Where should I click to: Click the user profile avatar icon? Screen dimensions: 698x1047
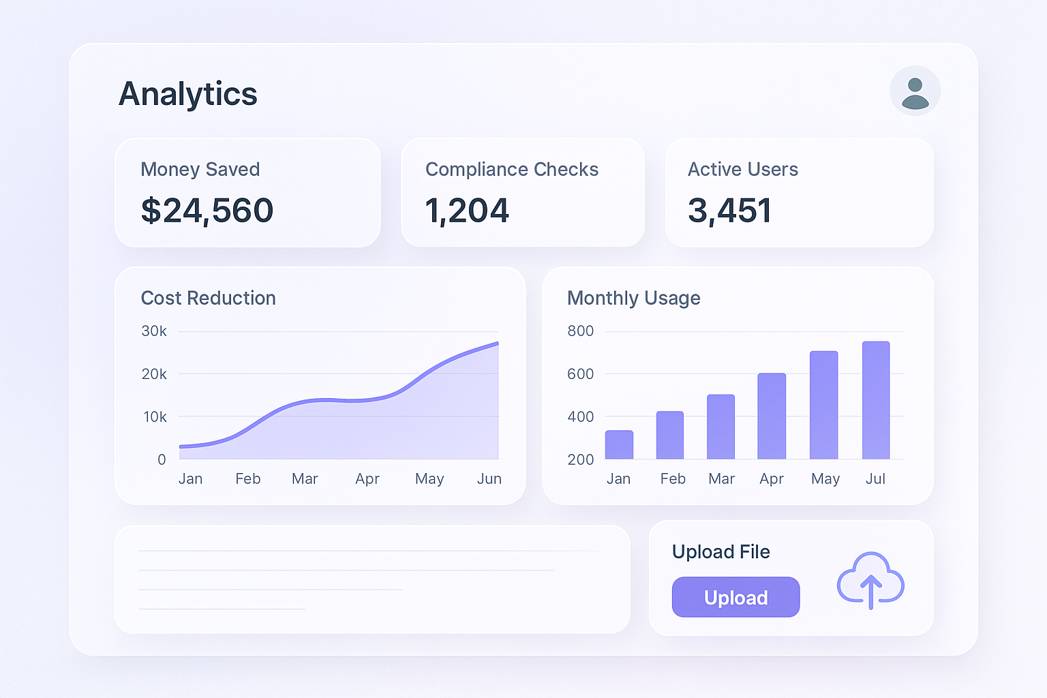click(915, 91)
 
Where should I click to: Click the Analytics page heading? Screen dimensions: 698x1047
click(188, 94)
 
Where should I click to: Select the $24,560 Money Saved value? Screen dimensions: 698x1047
click(207, 211)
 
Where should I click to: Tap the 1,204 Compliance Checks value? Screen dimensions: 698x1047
click(467, 211)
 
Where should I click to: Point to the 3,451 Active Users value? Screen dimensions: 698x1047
click(729, 211)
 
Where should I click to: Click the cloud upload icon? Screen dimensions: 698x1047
click(870, 580)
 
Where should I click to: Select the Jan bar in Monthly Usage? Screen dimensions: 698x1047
click(619, 445)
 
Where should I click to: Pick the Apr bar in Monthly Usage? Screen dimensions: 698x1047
click(772, 416)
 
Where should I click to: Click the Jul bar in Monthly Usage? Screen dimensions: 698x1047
click(876, 400)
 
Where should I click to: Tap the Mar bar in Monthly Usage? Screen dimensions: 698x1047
click(720, 427)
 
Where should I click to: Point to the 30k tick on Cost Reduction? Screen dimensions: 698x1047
click(154, 331)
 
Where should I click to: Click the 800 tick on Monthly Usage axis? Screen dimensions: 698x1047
click(581, 331)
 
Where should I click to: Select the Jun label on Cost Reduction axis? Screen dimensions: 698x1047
click(489, 479)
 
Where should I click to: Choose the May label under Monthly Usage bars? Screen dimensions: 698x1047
click(825, 479)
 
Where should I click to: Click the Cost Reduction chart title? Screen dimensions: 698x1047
click(208, 298)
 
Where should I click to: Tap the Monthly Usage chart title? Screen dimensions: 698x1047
click(634, 298)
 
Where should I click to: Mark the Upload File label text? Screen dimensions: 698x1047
click(721, 551)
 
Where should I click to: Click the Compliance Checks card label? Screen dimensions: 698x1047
click(512, 169)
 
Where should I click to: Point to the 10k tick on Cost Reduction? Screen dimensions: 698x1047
click(155, 416)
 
